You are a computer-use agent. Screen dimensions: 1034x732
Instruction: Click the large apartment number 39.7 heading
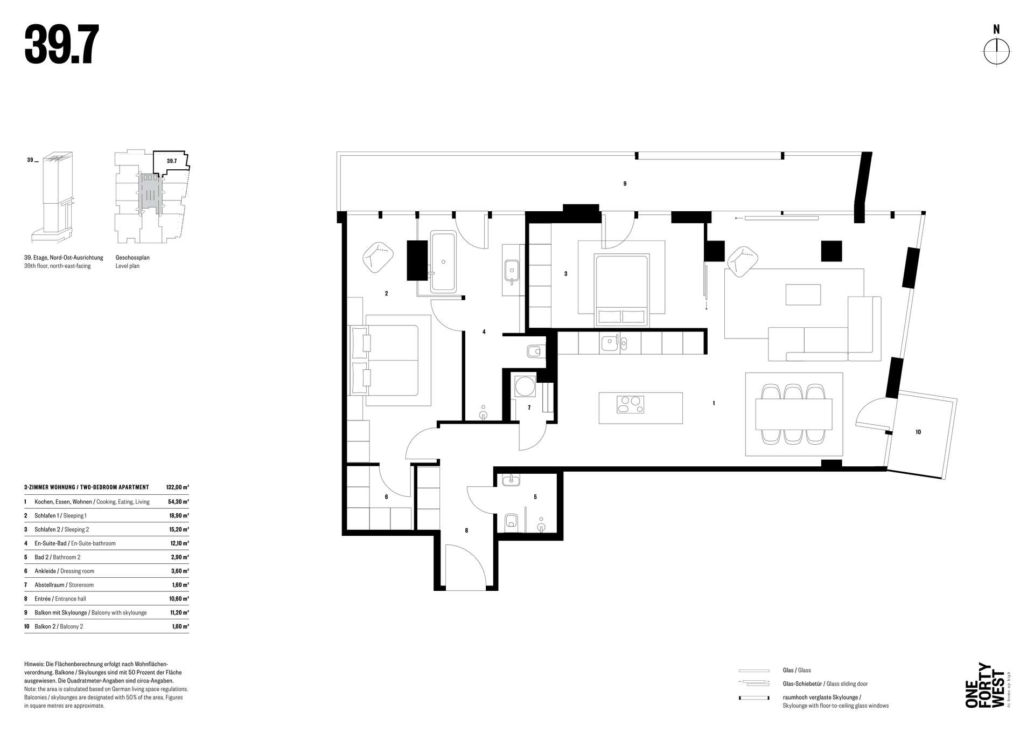coord(61,46)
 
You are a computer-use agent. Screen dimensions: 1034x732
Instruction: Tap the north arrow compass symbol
coord(997,52)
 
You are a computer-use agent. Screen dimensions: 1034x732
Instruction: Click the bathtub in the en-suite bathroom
coord(443,262)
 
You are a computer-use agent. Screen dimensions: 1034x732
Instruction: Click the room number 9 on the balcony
coord(625,184)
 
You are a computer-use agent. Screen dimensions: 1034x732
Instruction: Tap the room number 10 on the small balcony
coord(918,432)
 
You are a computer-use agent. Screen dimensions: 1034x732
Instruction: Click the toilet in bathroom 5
coord(511,521)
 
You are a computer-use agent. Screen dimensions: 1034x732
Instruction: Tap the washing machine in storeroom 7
coord(524,386)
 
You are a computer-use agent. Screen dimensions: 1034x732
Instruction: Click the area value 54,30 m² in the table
coord(178,502)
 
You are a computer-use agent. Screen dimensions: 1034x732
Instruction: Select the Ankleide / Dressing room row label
coord(64,571)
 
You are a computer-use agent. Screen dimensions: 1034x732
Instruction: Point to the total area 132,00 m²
coord(178,487)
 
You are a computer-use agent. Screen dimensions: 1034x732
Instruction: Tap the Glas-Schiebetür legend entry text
coord(826,683)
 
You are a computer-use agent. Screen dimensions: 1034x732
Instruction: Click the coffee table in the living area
coord(803,294)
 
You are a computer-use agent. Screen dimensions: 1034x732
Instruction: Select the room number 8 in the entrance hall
coord(466,530)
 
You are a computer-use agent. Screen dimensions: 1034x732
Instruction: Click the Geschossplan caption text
coord(132,258)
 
